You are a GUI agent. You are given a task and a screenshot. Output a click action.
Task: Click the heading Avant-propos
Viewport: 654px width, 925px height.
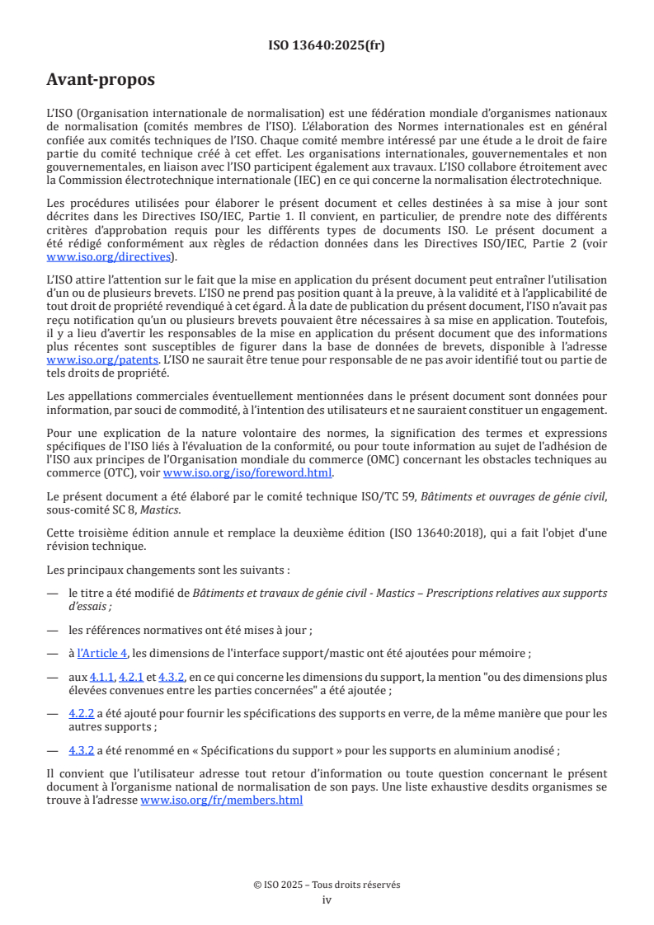click(x=101, y=80)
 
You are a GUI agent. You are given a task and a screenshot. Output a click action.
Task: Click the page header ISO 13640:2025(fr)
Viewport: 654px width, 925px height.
click(x=327, y=45)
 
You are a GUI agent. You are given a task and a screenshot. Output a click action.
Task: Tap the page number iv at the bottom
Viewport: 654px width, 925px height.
click(x=327, y=899)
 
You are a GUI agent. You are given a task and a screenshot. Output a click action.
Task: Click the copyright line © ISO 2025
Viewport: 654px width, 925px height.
click(x=327, y=885)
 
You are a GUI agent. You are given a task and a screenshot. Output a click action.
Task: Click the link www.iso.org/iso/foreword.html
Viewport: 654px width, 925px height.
click(x=247, y=472)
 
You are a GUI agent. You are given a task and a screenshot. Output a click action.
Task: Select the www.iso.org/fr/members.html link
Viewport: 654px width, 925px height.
click(x=222, y=800)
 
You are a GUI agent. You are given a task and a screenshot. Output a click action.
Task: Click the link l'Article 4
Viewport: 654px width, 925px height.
click(x=102, y=654)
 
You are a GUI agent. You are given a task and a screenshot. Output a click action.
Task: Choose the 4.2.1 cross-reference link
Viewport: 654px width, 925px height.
click(x=131, y=677)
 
